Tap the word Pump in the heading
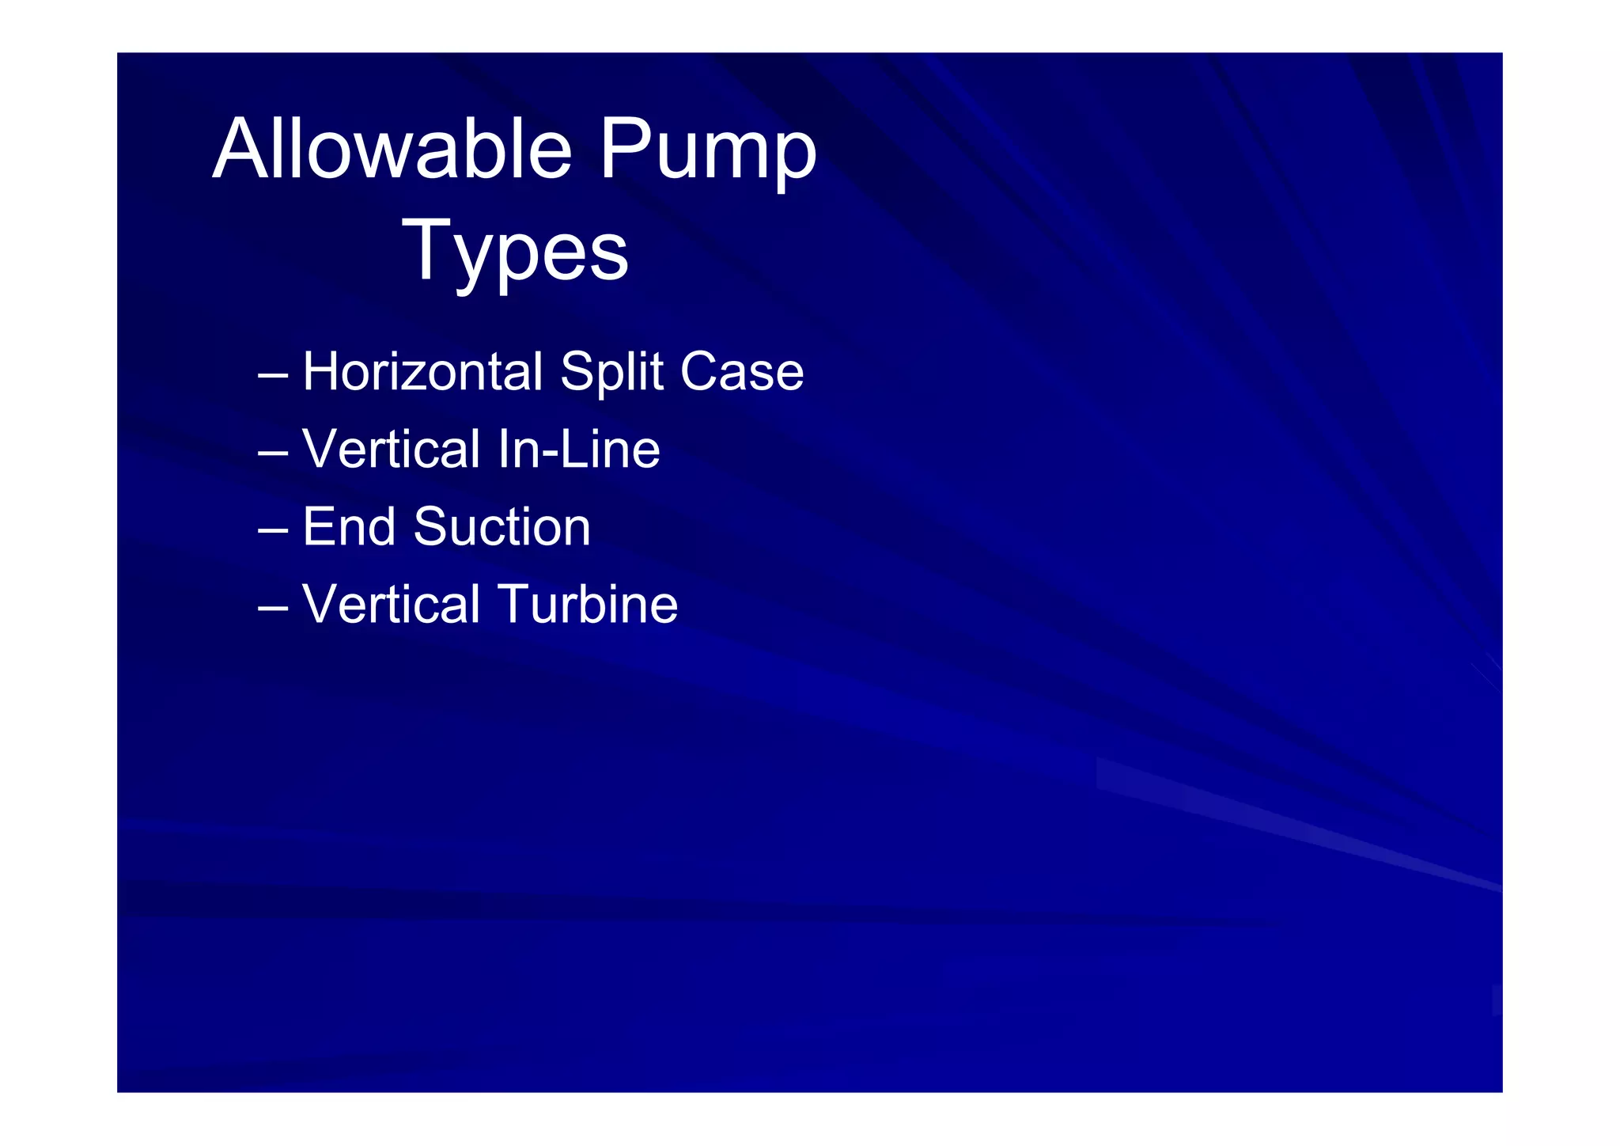pyautogui.click(x=707, y=152)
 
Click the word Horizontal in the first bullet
pyautogui.click(x=422, y=372)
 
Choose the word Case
pyautogui.click(x=742, y=372)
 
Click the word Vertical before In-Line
pyautogui.click(x=392, y=450)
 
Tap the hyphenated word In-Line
pyautogui.click(x=579, y=450)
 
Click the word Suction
pyautogui.click(x=502, y=527)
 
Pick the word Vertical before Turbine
pyautogui.click(x=392, y=605)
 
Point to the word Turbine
pyautogui.click(x=588, y=605)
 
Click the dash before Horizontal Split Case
pyautogui.click(x=273, y=376)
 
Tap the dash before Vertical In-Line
pyautogui.click(x=273, y=453)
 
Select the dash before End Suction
pyautogui.click(x=273, y=531)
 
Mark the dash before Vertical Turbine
pyautogui.click(x=273, y=609)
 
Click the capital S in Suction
pyautogui.click(x=433, y=527)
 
